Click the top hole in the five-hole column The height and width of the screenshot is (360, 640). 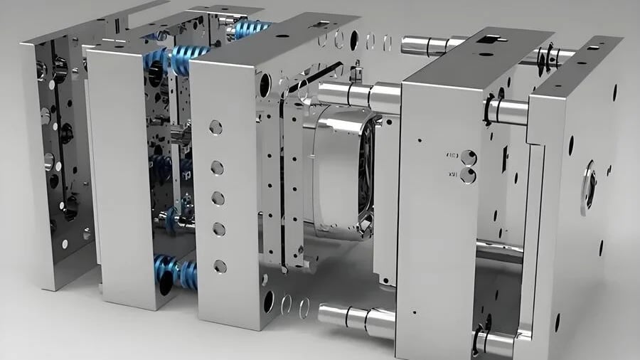tap(215, 127)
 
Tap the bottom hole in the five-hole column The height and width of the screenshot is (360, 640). tap(220, 266)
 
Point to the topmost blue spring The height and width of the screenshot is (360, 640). tap(250, 29)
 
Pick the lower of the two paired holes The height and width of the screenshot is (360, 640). tap(467, 174)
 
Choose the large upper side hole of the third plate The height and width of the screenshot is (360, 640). tap(265, 85)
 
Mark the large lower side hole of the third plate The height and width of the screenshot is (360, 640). tap(268, 301)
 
